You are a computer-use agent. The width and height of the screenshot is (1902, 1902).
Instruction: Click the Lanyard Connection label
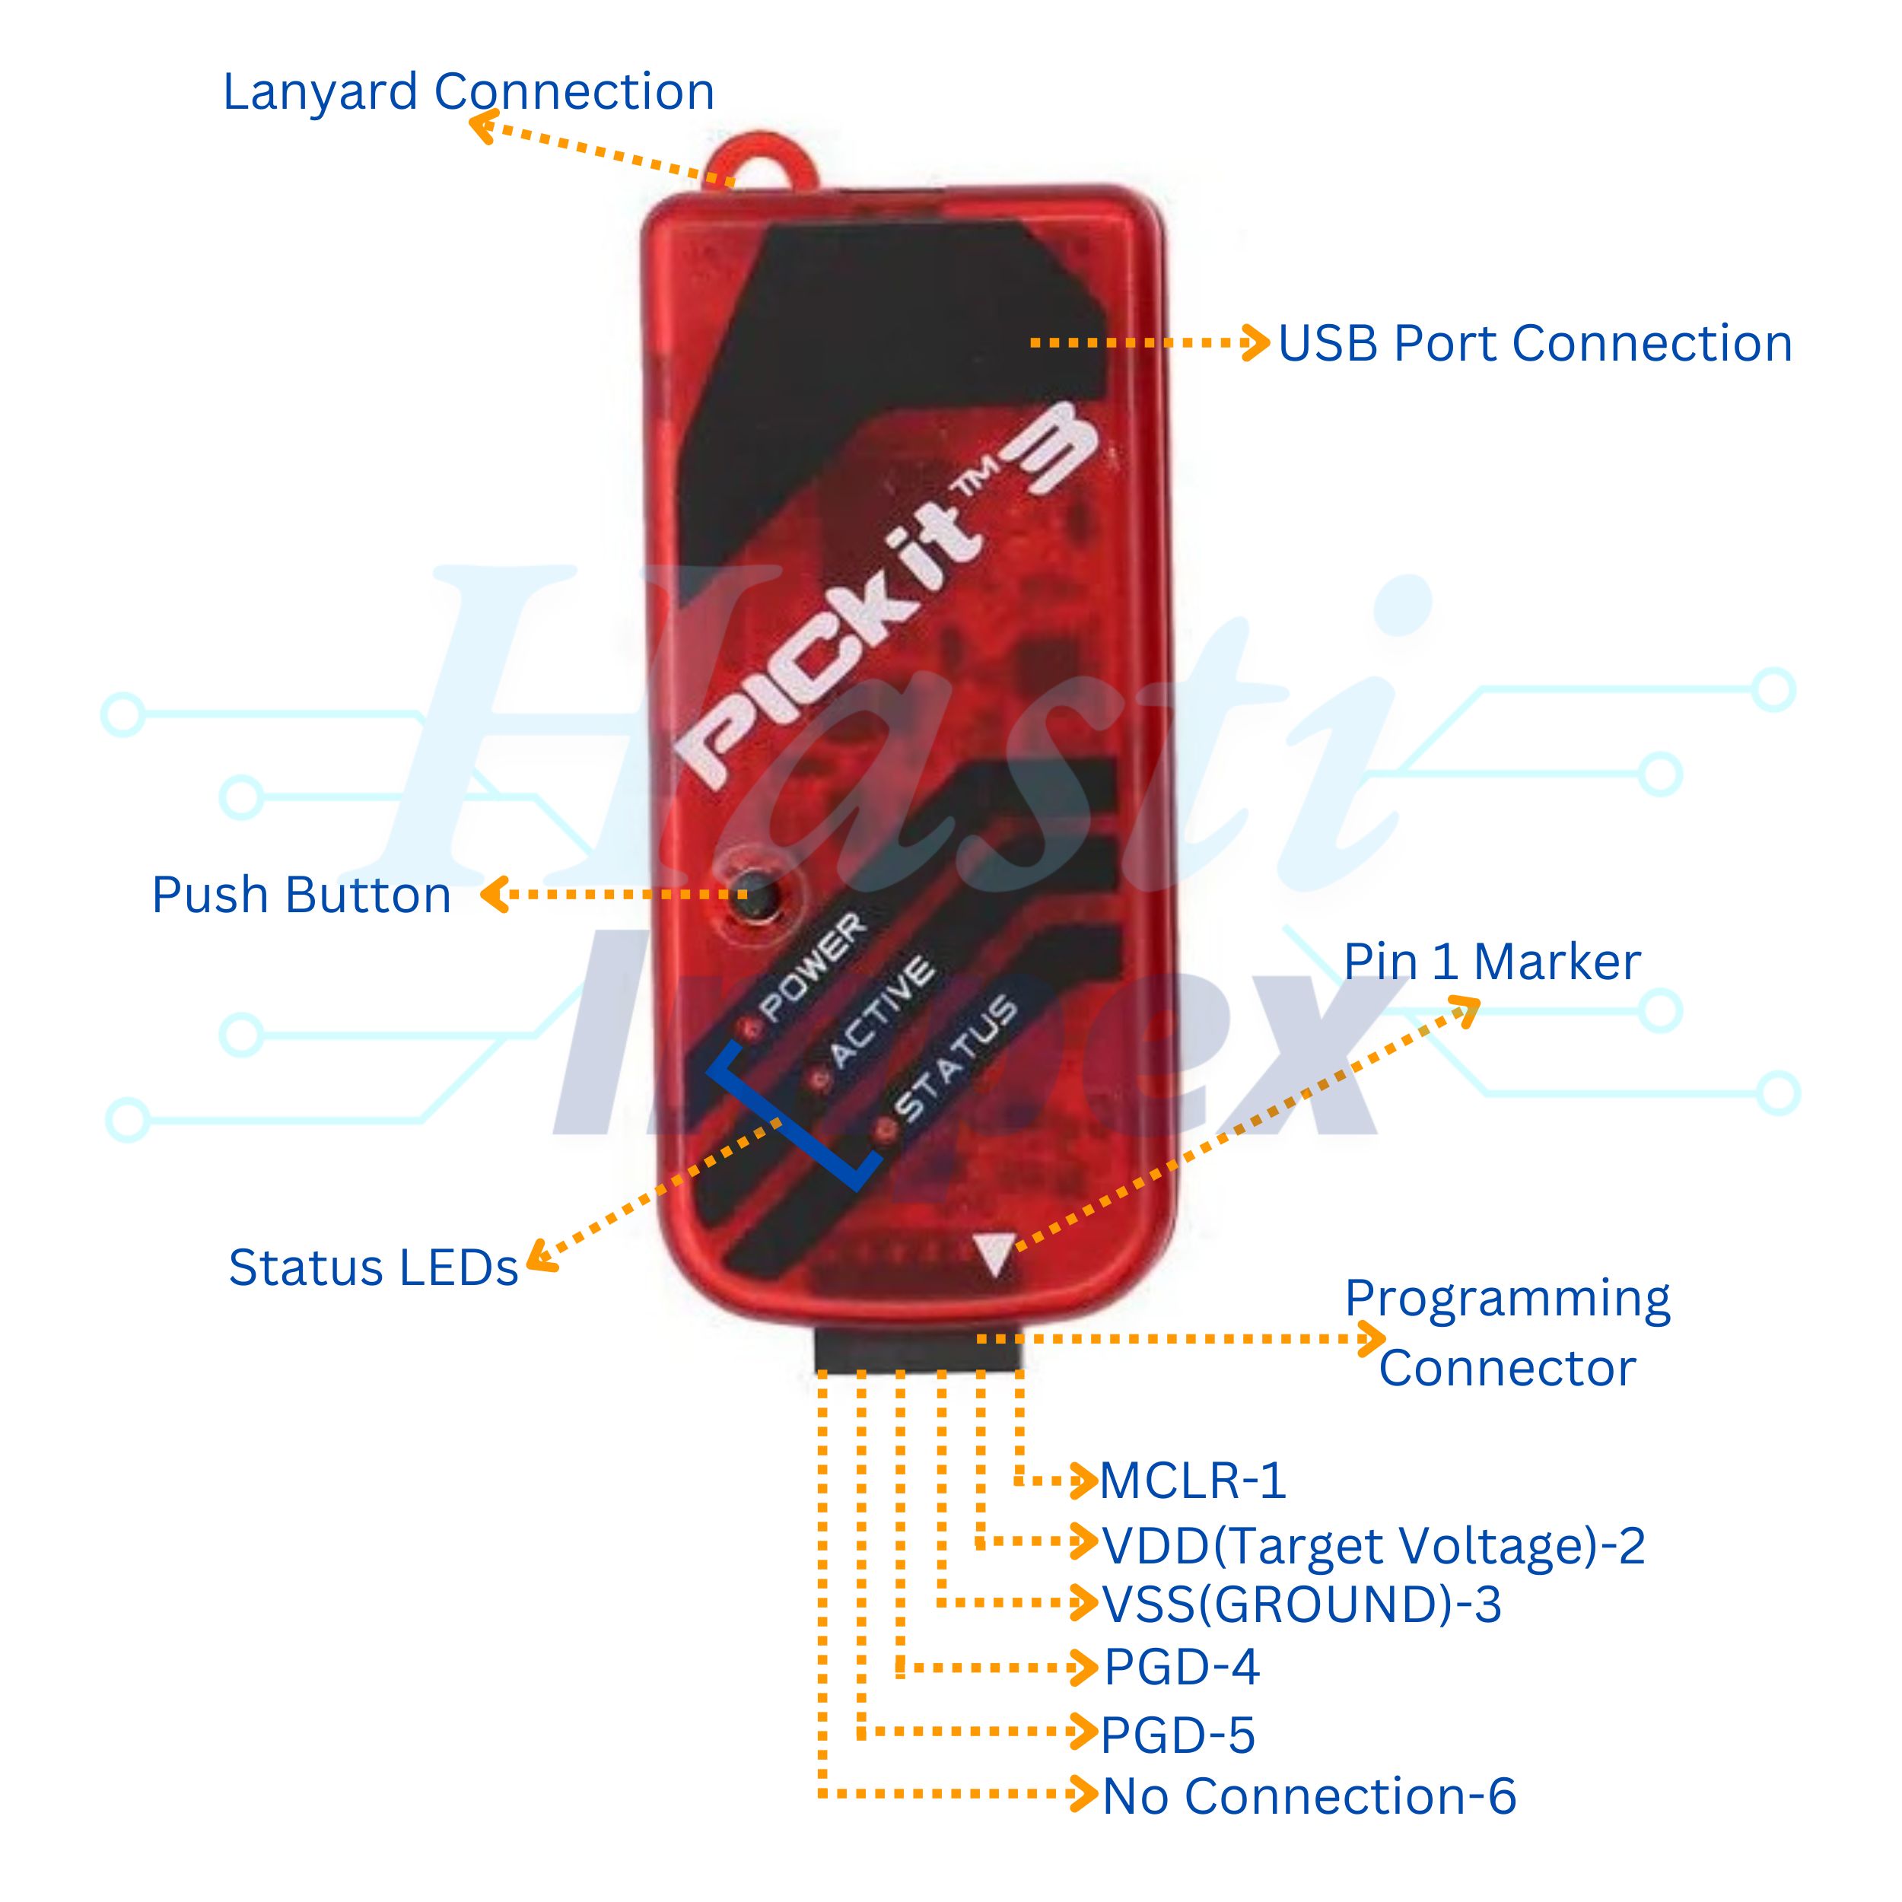(469, 93)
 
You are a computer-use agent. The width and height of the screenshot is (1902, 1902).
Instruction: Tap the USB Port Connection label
(1535, 344)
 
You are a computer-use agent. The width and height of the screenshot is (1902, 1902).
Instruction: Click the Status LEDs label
(373, 1267)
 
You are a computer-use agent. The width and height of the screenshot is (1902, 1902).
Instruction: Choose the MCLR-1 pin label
(1192, 1481)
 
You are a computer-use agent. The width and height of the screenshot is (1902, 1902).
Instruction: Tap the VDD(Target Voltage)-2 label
(1373, 1546)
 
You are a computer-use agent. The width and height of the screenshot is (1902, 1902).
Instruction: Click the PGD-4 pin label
(1182, 1667)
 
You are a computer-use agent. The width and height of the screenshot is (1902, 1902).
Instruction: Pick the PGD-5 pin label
(1178, 1735)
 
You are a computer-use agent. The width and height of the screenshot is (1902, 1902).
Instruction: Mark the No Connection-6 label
(1309, 1797)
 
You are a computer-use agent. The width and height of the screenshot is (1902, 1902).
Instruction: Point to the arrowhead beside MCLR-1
(1085, 1481)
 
